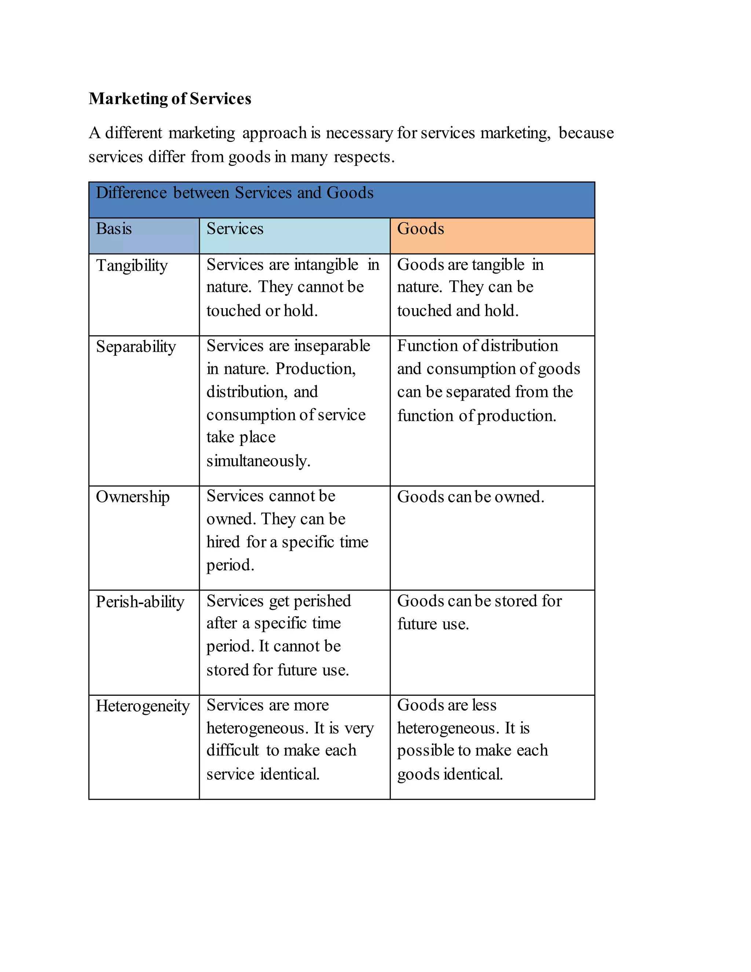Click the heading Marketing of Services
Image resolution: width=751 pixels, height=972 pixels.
tap(170, 98)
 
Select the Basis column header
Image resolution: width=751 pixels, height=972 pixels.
tap(114, 229)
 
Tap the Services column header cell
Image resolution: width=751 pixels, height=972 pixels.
tap(235, 229)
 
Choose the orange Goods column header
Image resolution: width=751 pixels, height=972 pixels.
tap(421, 229)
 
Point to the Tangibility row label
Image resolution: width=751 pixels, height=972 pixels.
tap(132, 266)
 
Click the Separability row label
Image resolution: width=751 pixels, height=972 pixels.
tap(136, 347)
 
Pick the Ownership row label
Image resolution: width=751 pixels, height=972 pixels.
tap(133, 497)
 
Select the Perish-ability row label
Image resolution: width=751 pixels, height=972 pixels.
tap(140, 602)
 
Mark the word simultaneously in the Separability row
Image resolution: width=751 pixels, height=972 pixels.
tap(258, 461)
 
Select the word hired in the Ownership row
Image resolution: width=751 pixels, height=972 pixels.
tap(223, 542)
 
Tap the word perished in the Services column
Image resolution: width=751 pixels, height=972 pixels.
tap(323, 601)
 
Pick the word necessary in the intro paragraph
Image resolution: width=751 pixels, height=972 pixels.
tap(359, 133)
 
